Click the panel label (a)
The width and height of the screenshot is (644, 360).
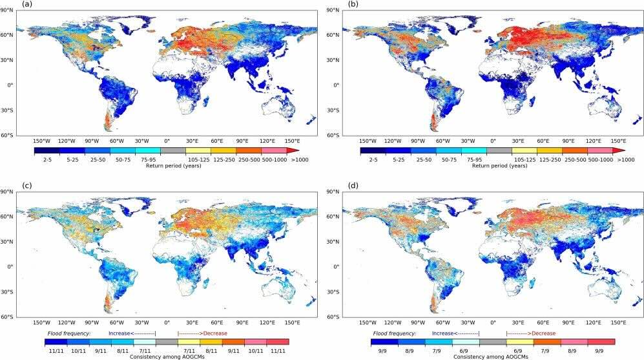(x=26, y=4)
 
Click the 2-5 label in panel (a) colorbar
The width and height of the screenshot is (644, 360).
(x=47, y=158)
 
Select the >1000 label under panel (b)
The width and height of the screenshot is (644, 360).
(x=626, y=158)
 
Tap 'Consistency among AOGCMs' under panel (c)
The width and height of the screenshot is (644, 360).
(x=161, y=356)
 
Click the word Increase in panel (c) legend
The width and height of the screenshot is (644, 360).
(x=121, y=334)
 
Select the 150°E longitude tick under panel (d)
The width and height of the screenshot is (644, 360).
(x=618, y=322)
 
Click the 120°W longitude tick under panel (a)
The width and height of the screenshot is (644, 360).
(x=67, y=141)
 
